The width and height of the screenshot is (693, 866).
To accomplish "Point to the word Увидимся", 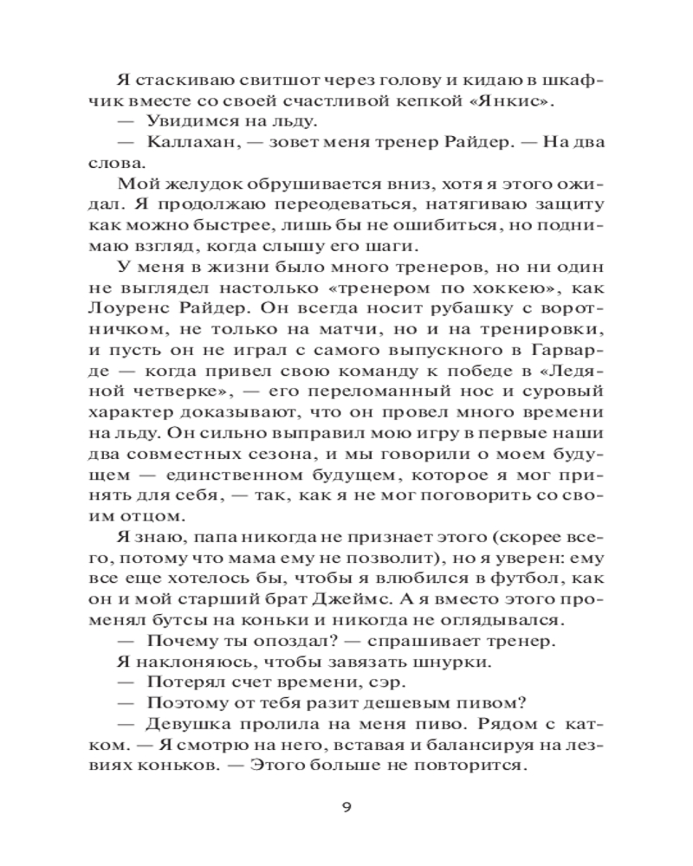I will point(192,120).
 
